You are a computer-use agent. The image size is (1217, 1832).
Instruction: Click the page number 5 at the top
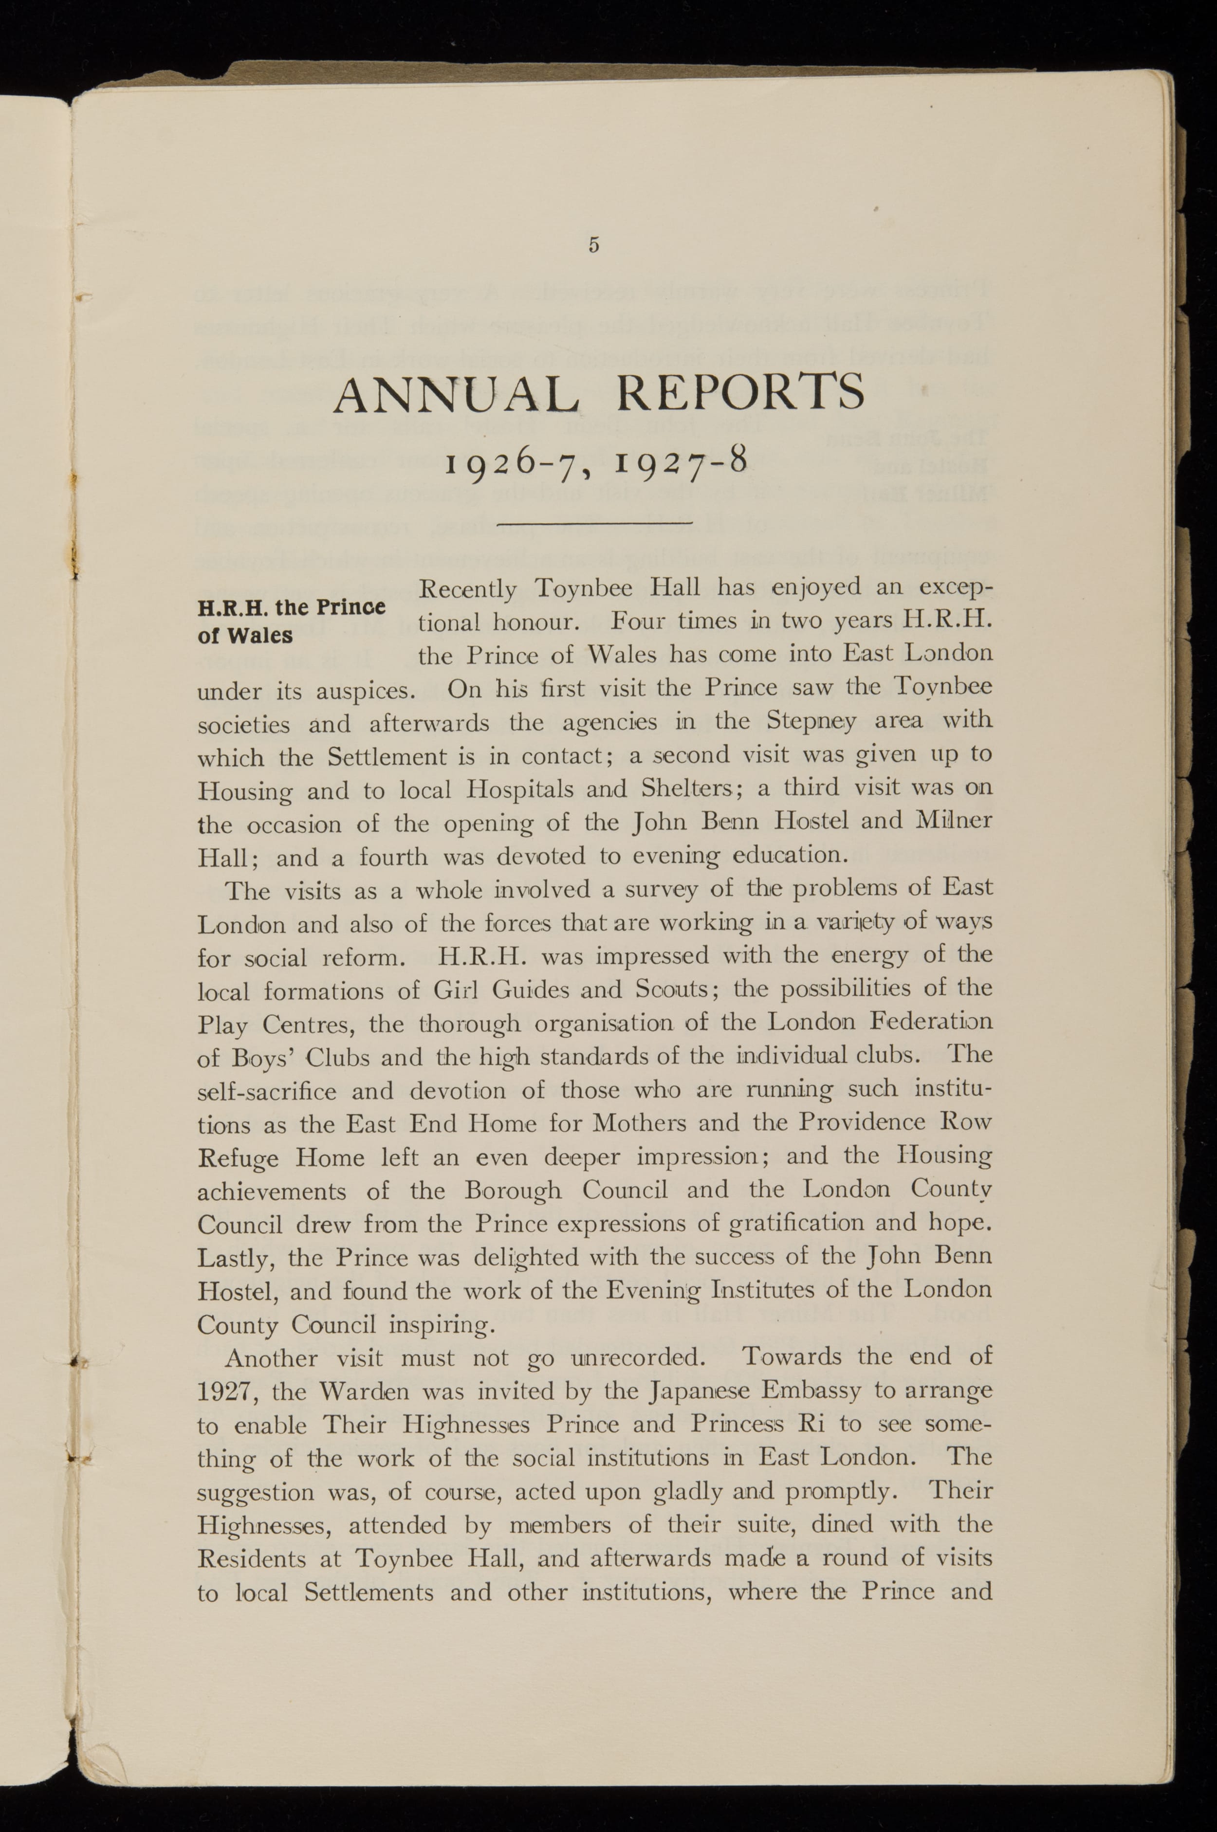(x=594, y=245)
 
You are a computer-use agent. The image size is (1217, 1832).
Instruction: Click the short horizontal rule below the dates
(x=594, y=525)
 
